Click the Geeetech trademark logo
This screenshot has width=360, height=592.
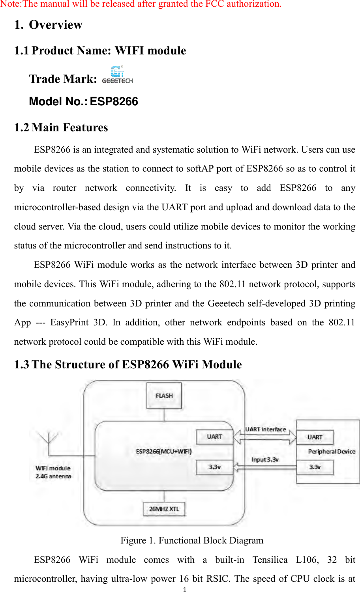117,75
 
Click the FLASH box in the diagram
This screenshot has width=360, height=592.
164,396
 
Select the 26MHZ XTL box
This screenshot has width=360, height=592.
164,509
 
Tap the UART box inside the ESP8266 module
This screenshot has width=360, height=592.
214,437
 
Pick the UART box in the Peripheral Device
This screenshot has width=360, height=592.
315,437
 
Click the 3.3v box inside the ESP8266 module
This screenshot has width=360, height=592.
214,467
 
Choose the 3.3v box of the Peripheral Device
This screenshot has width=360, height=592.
315,467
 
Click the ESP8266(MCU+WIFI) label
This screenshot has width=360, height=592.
164,451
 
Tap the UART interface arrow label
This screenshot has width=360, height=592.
266,429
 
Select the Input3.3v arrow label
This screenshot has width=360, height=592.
265,459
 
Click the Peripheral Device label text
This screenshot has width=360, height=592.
332,452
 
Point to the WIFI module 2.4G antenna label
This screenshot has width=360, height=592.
53,472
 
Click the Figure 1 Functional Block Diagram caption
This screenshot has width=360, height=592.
192,540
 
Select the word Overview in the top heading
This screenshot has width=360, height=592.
56,25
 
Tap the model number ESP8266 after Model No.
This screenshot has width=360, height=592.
114,101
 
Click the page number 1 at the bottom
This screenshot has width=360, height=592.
184,590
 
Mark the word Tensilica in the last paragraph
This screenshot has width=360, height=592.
270,560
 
